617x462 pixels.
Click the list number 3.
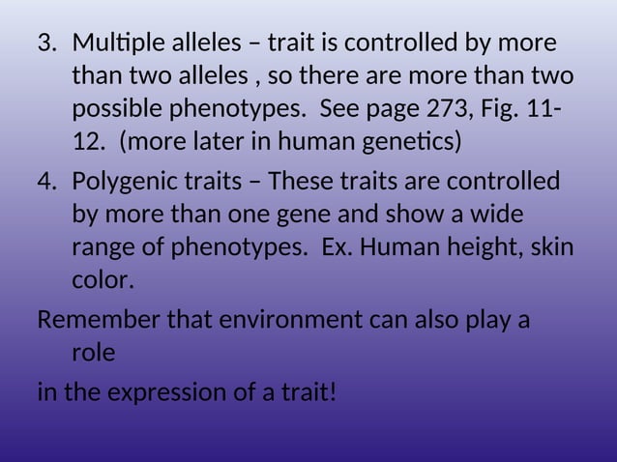tap(45, 44)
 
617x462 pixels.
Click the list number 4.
tap(45, 182)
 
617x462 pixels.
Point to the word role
tap(93, 353)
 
